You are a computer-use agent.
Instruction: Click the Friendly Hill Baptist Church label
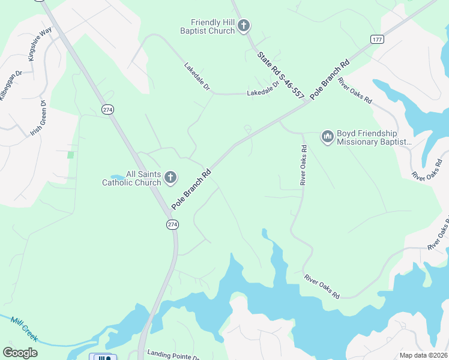(209, 26)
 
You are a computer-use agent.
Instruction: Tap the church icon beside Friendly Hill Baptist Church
(243, 26)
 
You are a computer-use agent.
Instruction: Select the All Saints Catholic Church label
(131, 178)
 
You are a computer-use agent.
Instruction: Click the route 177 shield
(377, 40)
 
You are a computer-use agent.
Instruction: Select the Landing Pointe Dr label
(173, 355)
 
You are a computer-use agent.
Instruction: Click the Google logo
(20, 353)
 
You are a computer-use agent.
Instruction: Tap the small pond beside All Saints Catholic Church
(118, 178)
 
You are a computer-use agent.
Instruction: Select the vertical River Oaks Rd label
(304, 165)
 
